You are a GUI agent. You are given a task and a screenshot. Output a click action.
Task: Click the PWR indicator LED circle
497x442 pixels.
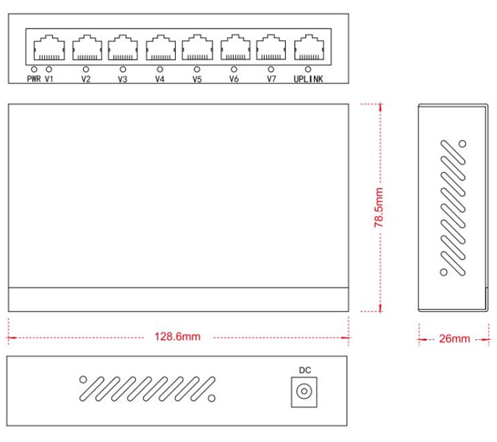tap(34, 69)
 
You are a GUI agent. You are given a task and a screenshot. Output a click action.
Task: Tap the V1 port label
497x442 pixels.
tap(49, 79)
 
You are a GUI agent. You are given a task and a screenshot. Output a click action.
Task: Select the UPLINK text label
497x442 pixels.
tap(308, 79)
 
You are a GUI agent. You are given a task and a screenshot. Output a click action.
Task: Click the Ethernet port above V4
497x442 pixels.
tap(161, 48)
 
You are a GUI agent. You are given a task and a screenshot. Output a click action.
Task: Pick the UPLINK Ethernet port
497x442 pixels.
tap(309, 48)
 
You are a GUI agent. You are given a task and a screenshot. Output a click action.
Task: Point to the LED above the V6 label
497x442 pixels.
tap(234, 69)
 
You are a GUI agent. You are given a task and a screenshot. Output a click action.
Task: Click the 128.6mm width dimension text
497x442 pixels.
tap(177, 336)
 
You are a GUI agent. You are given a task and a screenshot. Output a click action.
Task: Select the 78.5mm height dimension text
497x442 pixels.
tap(379, 207)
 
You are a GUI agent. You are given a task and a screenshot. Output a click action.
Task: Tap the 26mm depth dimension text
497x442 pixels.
tap(454, 338)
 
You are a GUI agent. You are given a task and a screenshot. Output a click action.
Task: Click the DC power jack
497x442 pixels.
tap(304, 392)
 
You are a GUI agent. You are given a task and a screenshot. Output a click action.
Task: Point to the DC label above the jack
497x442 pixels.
tap(305, 370)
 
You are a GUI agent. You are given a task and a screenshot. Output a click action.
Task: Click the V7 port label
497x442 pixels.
tap(271, 79)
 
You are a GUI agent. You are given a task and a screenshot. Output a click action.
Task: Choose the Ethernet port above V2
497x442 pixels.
tap(87, 48)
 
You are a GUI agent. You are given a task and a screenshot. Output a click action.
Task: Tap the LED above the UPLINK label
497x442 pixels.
tap(308, 69)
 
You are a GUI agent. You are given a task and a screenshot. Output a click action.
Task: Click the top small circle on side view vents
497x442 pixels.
tap(462, 144)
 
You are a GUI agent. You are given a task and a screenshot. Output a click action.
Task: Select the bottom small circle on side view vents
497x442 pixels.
tap(444, 272)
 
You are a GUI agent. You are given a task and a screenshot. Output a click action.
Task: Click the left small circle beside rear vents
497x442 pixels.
tap(83, 379)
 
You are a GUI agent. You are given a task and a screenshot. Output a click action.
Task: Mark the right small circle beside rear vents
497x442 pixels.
tap(212, 399)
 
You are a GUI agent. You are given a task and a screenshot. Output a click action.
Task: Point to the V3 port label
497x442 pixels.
tap(123, 79)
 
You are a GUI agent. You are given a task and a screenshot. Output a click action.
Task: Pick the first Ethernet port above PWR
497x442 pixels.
tap(49, 48)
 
